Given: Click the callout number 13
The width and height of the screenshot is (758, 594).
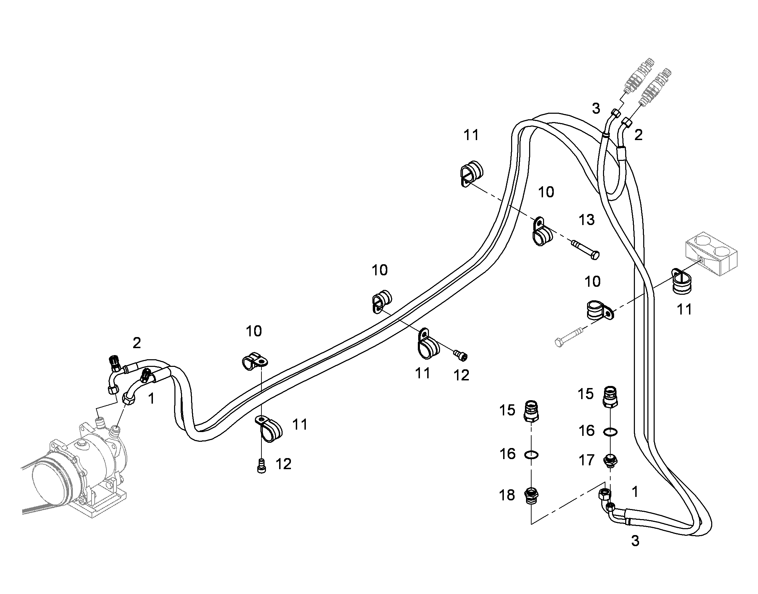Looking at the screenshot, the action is [587, 220].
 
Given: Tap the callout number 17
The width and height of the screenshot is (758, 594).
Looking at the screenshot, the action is [586, 460].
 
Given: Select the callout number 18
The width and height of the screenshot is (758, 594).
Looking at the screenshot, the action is [507, 495].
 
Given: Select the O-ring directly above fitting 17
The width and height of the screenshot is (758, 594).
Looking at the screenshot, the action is [610, 432].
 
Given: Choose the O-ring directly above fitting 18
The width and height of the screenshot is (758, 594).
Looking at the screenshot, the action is [531, 454].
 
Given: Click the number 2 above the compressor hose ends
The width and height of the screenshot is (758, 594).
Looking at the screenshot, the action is [137, 343].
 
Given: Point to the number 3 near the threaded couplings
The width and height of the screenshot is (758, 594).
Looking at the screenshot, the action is [596, 109].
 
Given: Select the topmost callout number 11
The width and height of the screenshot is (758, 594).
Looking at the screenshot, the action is [471, 135].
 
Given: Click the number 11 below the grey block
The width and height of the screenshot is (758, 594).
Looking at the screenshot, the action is [684, 310].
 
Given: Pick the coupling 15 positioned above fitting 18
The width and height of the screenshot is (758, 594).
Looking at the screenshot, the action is [531, 411].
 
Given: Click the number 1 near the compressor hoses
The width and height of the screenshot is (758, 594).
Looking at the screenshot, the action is [151, 399].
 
